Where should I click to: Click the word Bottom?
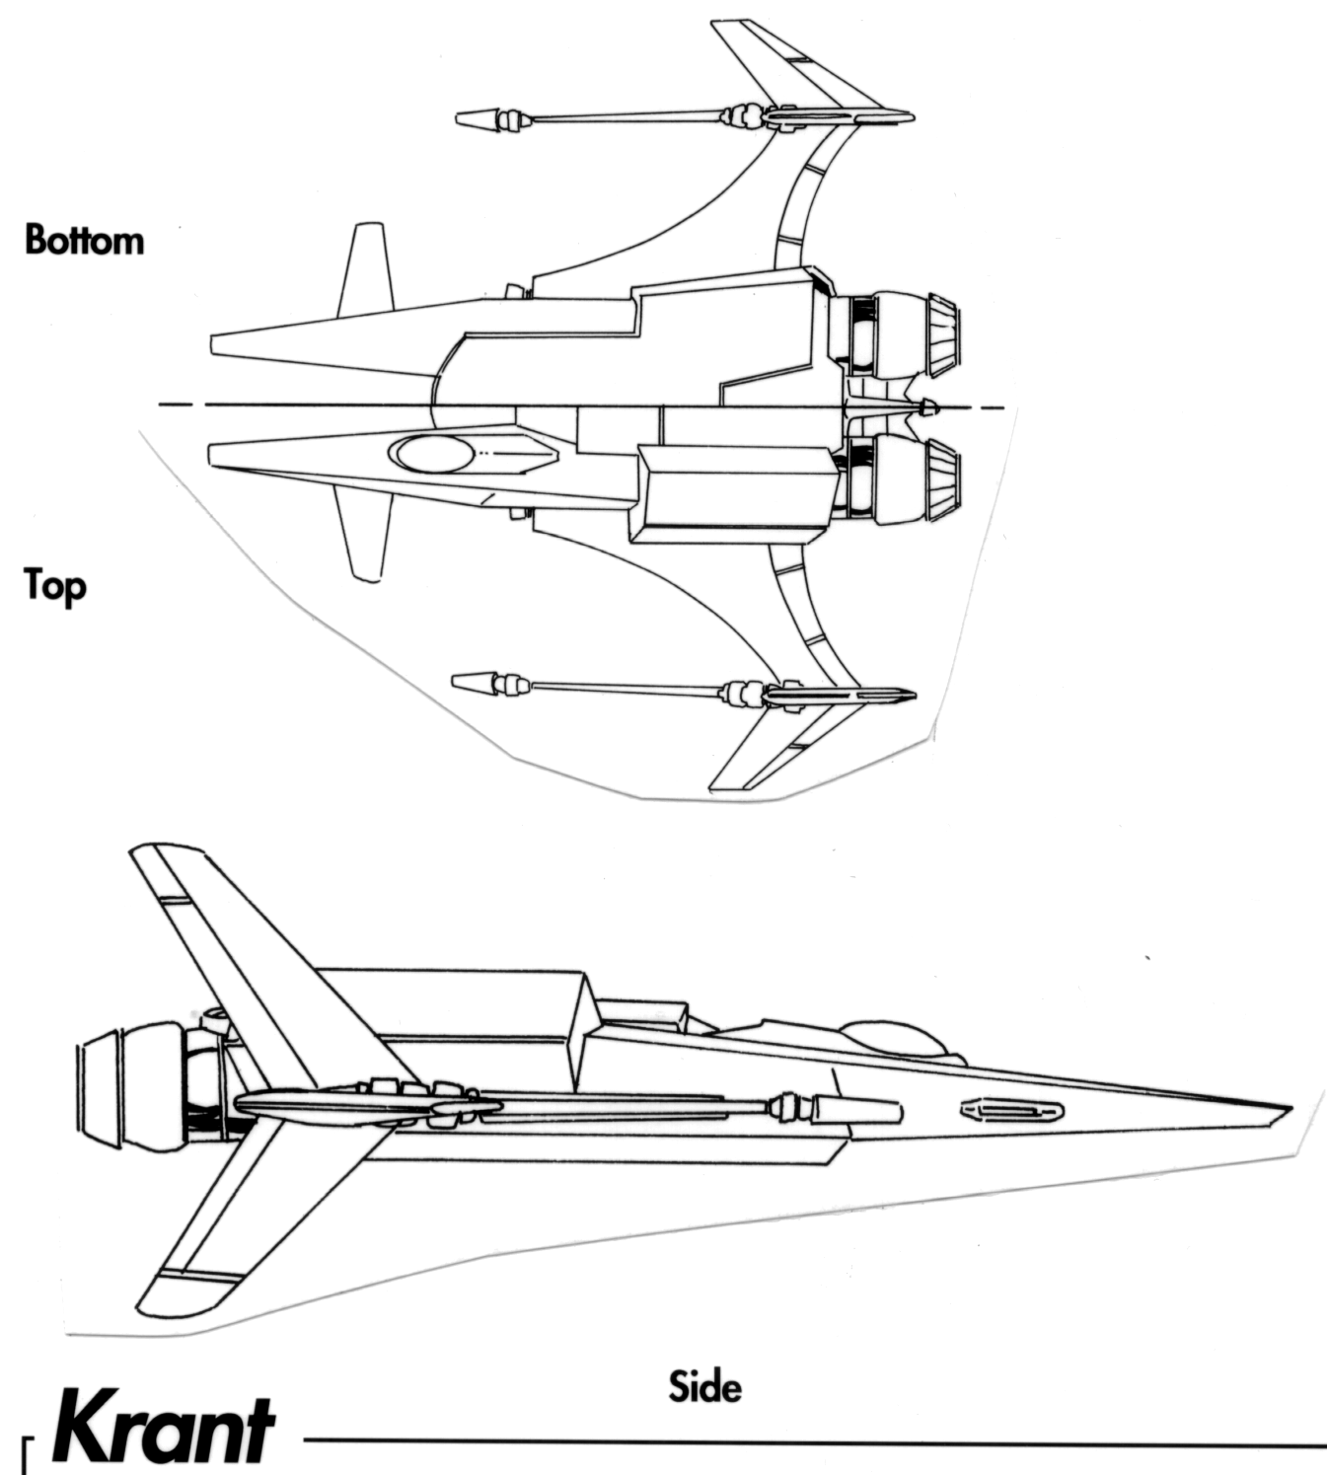pyautogui.click(x=84, y=240)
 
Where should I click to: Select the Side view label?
pyautogui.click(x=704, y=1387)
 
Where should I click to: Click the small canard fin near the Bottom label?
pyautogui.click(x=366, y=268)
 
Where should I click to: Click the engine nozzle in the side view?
pyautogui.click(x=104, y=1090)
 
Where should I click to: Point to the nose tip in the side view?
pyautogui.click(x=1283, y=1108)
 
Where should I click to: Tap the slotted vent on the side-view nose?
pyautogui.click(x=1012, y=1111)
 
